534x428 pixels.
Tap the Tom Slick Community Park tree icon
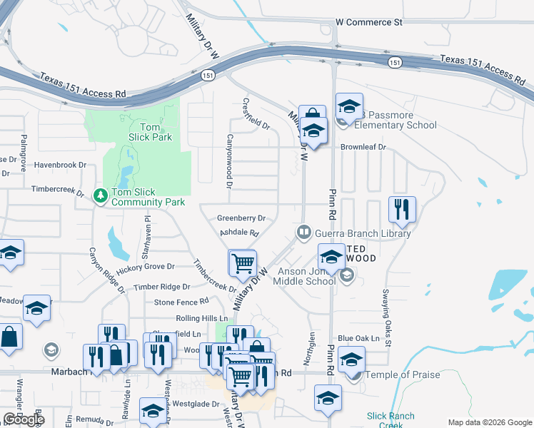[101, 194]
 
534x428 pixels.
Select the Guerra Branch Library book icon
[304, 233]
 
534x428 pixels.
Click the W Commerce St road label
[369, 22]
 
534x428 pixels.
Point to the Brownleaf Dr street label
[363, 147]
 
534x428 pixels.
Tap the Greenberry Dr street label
[242, 218]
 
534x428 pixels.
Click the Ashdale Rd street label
[238, 233]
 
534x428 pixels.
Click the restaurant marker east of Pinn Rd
[402, 210]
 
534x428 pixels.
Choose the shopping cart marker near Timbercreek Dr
[243, 263]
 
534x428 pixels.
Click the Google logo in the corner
[23, 419]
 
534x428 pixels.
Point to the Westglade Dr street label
[189, 404]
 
